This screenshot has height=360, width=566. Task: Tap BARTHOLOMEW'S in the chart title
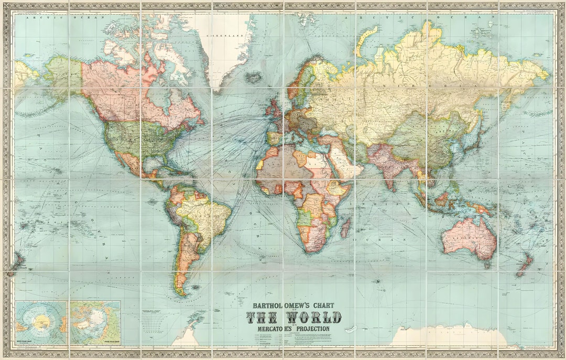[x=279, y=306]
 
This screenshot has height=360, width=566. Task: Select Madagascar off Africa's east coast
[x=345, y=228]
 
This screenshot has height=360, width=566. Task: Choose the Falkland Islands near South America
[x=195, y=287]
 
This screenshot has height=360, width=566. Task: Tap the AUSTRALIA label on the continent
[x=468, y=236]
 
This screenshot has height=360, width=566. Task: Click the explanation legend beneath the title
[x=293, y=340]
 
